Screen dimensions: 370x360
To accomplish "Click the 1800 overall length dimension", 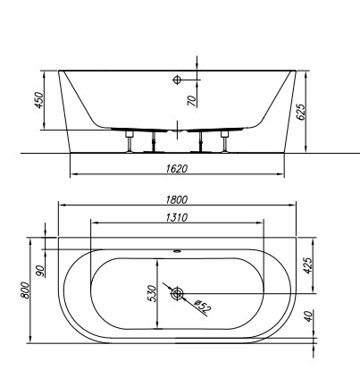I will (x=185, y=201).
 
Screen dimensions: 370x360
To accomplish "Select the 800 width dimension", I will (x=26, y=289).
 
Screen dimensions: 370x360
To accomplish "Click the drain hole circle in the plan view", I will (x=178, y=293).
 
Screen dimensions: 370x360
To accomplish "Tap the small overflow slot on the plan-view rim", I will (x=178, y=251).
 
